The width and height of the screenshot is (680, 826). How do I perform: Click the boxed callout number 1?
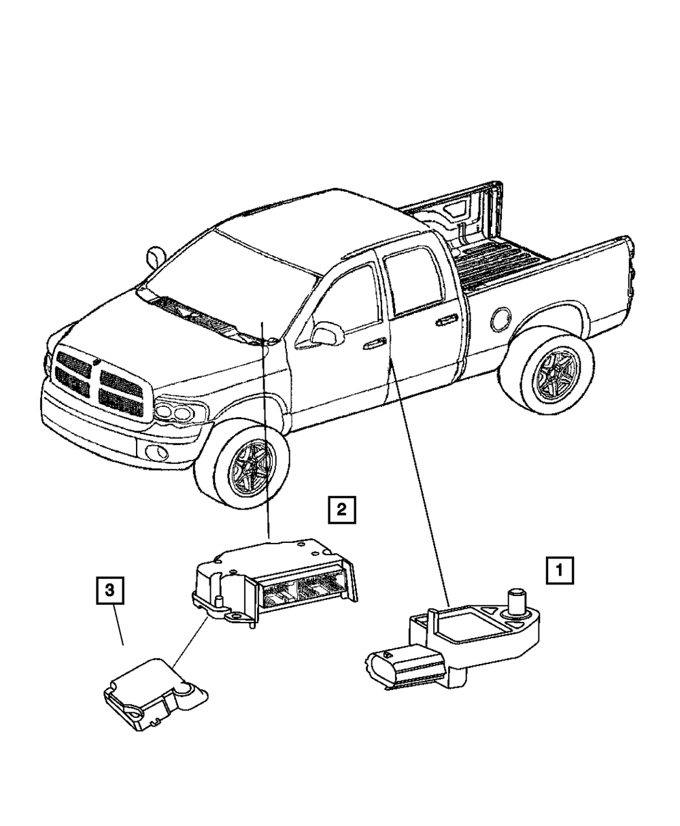pyautogui.click(x=560, y=572)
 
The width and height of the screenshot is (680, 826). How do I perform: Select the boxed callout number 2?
pyautogui.click(x=341, y=508)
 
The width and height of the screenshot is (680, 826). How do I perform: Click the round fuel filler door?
pyautogui.click(x=503, y=318)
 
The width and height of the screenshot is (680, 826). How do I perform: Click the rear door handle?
pyautogui.click(x=446, y=320)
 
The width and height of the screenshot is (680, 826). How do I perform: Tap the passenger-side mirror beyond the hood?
pyautogui.click(x=155, y=257)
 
